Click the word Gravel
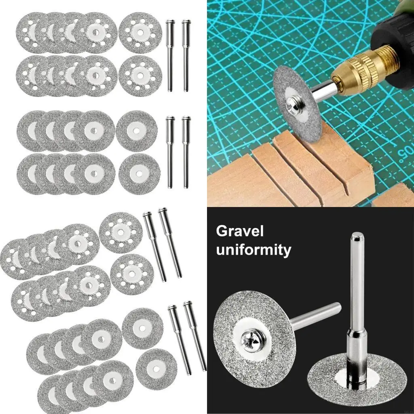(240, 231)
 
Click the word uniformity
(253, 249)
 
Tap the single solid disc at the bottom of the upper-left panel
(139, 172)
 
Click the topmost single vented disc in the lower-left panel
(120, 232)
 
